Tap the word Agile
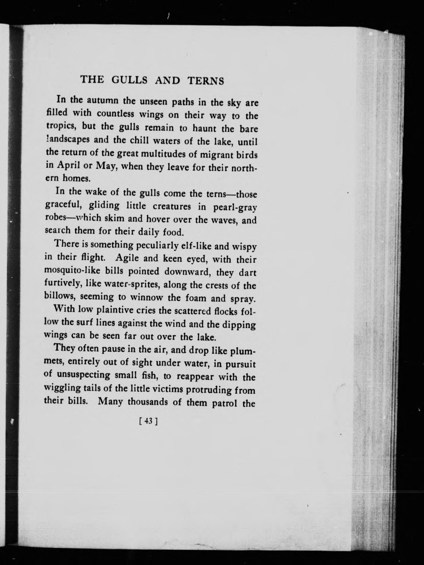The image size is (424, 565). (x=128, y=258)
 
